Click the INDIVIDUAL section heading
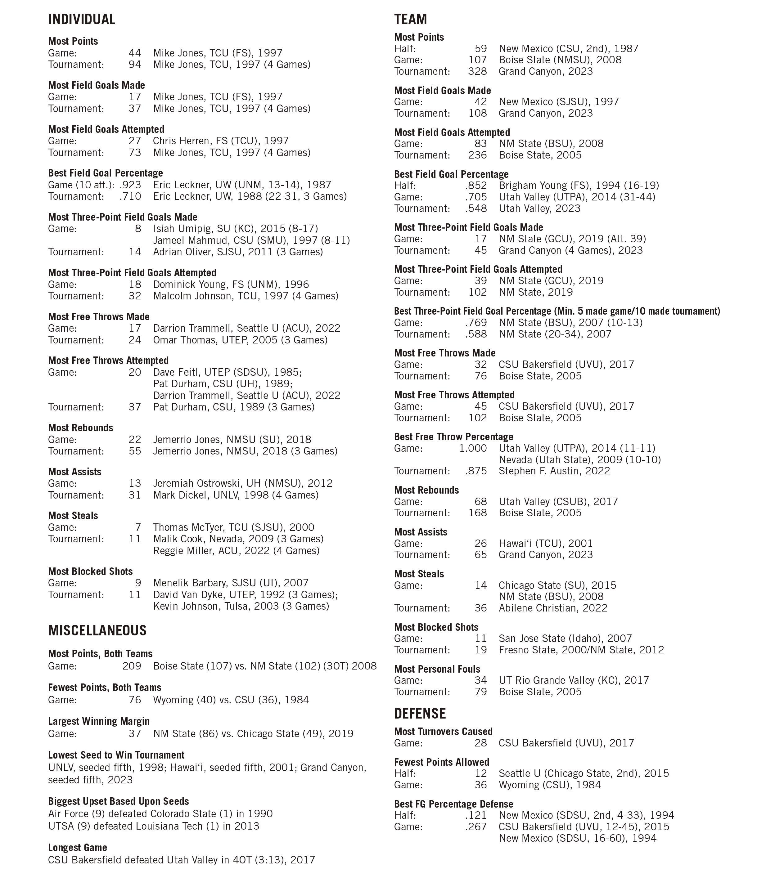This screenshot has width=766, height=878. coord(82,20)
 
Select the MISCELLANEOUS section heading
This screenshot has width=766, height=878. coord(97,631)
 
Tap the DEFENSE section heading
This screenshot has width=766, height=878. coord(420,714)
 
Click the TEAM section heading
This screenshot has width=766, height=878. coord(410,20)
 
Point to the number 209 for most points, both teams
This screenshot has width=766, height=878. coord(132,666)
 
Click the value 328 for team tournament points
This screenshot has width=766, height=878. coord(477,71)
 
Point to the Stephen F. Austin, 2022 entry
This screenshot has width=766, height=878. coord(554,471)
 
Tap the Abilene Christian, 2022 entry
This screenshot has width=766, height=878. coord(553,608)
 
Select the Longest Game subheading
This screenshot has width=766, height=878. coord(77,848)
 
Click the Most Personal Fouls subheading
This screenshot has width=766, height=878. coord(437,669)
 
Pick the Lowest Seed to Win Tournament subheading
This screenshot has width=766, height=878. coord(116,755)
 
